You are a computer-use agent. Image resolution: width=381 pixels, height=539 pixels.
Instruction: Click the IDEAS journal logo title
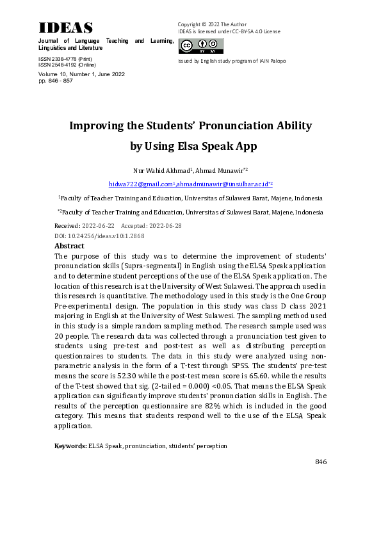click(x=66, y=28)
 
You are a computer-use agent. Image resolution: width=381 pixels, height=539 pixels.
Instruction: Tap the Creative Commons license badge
click(x=201, y=46)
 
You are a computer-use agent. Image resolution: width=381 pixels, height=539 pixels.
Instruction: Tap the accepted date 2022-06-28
click(x=165, y=226)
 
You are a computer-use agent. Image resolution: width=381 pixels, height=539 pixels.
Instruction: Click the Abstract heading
click(x=69, y=245)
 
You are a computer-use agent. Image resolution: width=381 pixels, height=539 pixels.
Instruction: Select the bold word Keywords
click(x=70, y=446)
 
